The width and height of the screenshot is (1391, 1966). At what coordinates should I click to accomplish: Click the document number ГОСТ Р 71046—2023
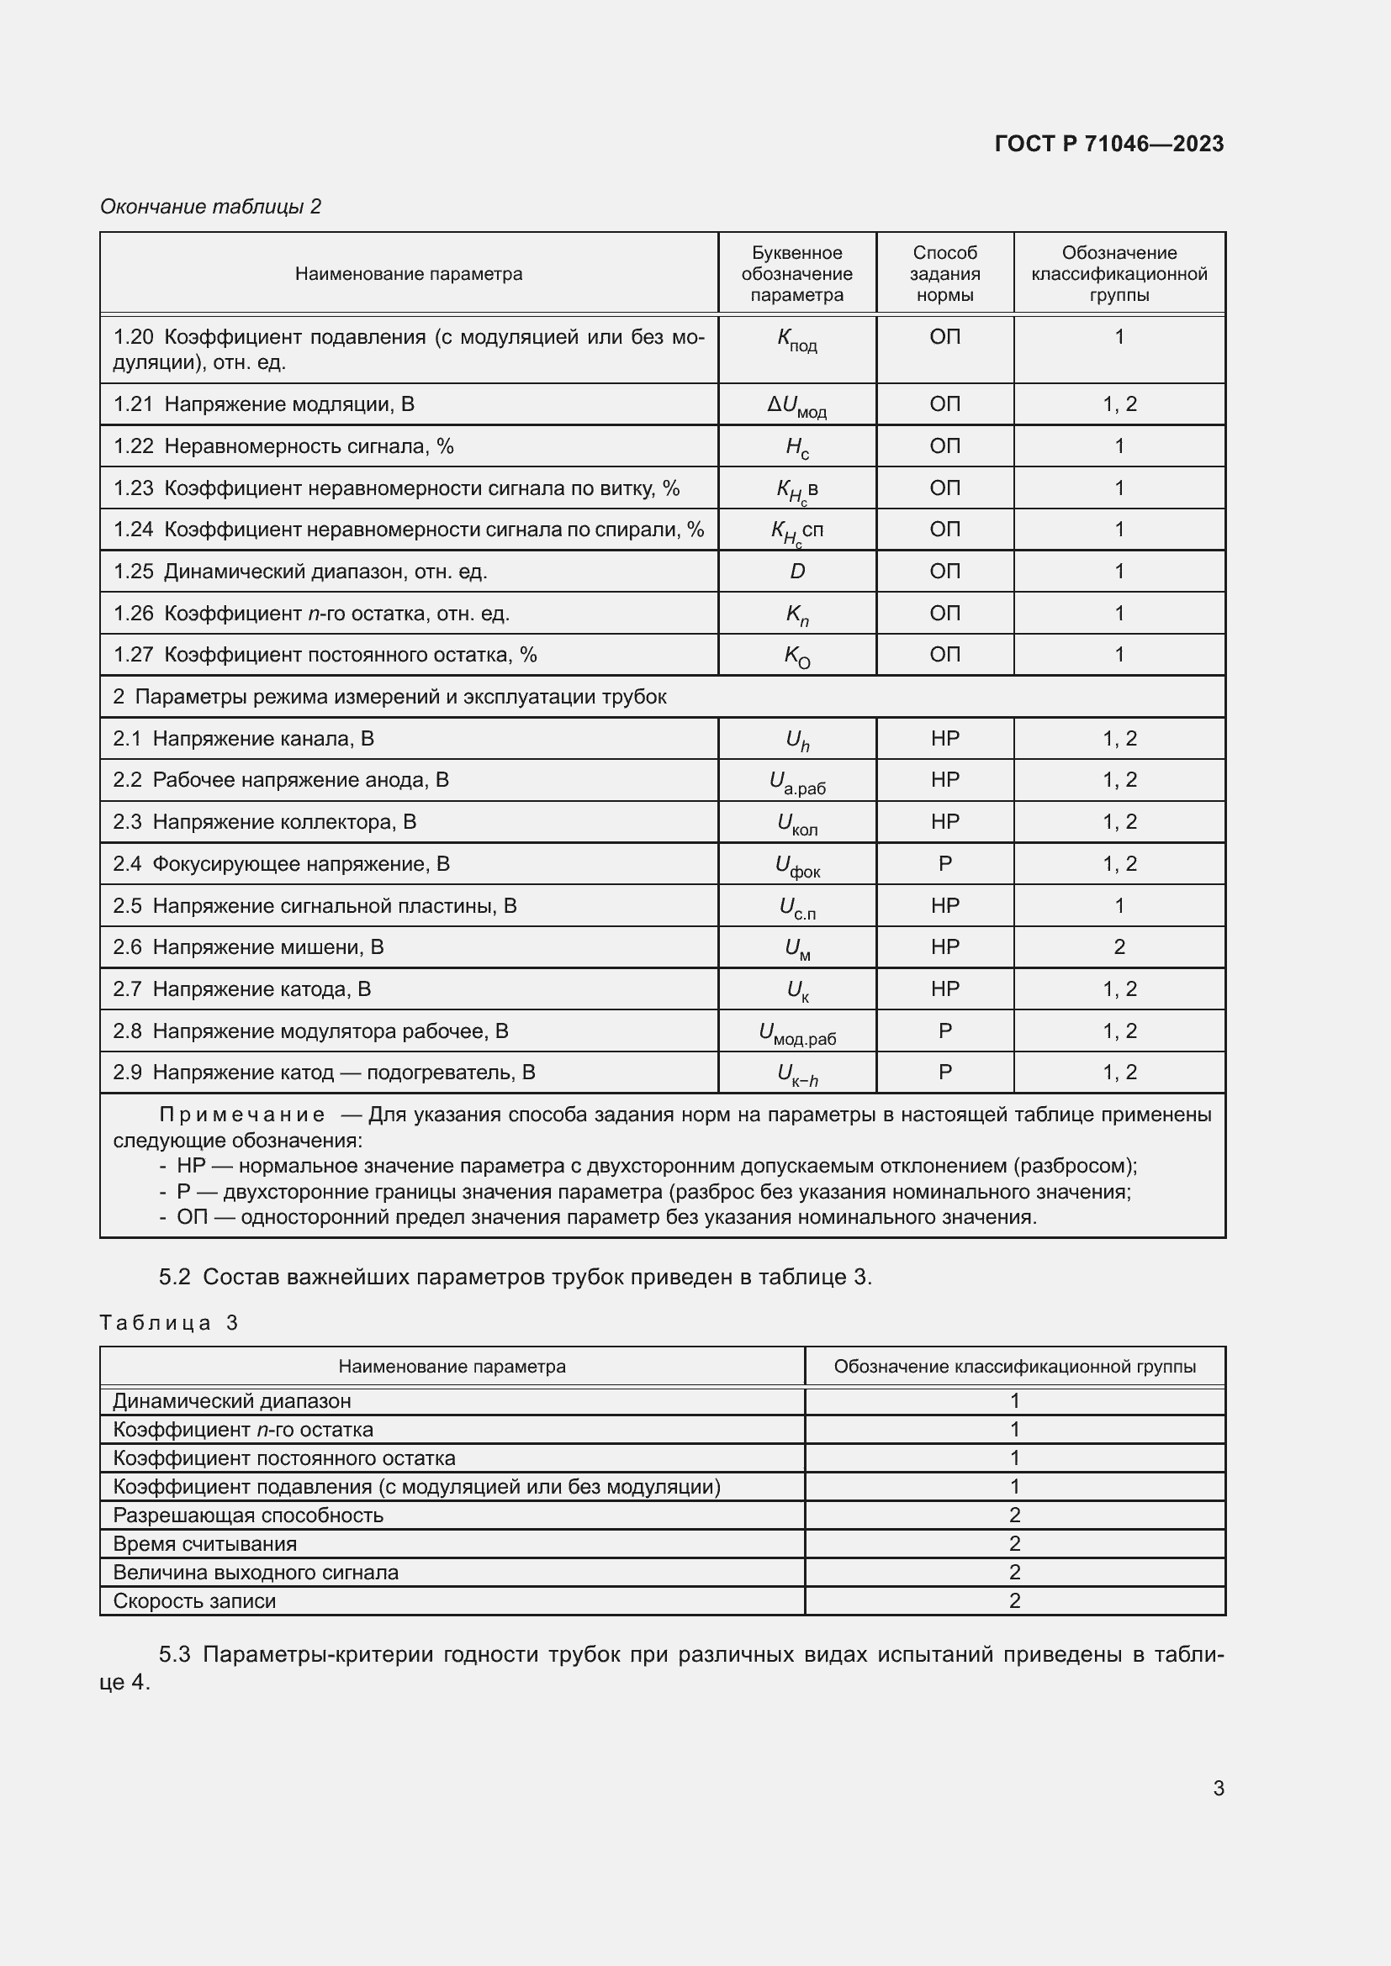[1108, 144]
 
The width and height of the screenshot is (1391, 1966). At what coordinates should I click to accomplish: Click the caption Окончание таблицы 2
[211, 207]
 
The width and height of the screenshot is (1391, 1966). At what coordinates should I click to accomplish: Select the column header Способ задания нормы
[944, 274]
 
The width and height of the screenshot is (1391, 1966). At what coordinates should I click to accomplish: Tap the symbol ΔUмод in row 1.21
[796, 404]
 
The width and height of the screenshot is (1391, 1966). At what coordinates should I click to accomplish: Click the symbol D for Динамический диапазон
[796, 571]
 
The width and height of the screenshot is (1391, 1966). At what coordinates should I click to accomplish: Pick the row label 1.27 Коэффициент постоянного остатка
[325, 655]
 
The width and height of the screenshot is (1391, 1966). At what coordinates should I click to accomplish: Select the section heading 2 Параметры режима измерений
[389, 697]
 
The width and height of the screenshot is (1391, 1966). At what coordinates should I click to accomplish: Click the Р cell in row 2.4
[944, 864]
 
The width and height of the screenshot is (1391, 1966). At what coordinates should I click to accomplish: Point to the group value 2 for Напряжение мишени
[1119, 947]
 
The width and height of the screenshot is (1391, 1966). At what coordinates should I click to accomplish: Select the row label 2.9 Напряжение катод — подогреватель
[324, 1073]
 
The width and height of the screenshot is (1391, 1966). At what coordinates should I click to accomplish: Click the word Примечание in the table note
[242, 1115]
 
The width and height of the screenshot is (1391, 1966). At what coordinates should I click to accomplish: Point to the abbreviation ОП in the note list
[192, 1217]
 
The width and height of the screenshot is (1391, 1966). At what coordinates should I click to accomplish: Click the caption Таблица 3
[169, 1323]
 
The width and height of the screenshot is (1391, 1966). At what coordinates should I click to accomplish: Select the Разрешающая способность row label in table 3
[247, 1515]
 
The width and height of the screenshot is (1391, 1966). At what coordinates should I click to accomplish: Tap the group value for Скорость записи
[1014, 1600]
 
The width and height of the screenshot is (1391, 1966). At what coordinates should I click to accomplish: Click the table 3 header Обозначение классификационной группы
[1014, 1367]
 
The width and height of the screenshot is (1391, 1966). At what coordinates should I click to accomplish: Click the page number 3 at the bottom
[1218, 1788]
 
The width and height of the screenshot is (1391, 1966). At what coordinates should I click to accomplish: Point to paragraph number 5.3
[175, 1654]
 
